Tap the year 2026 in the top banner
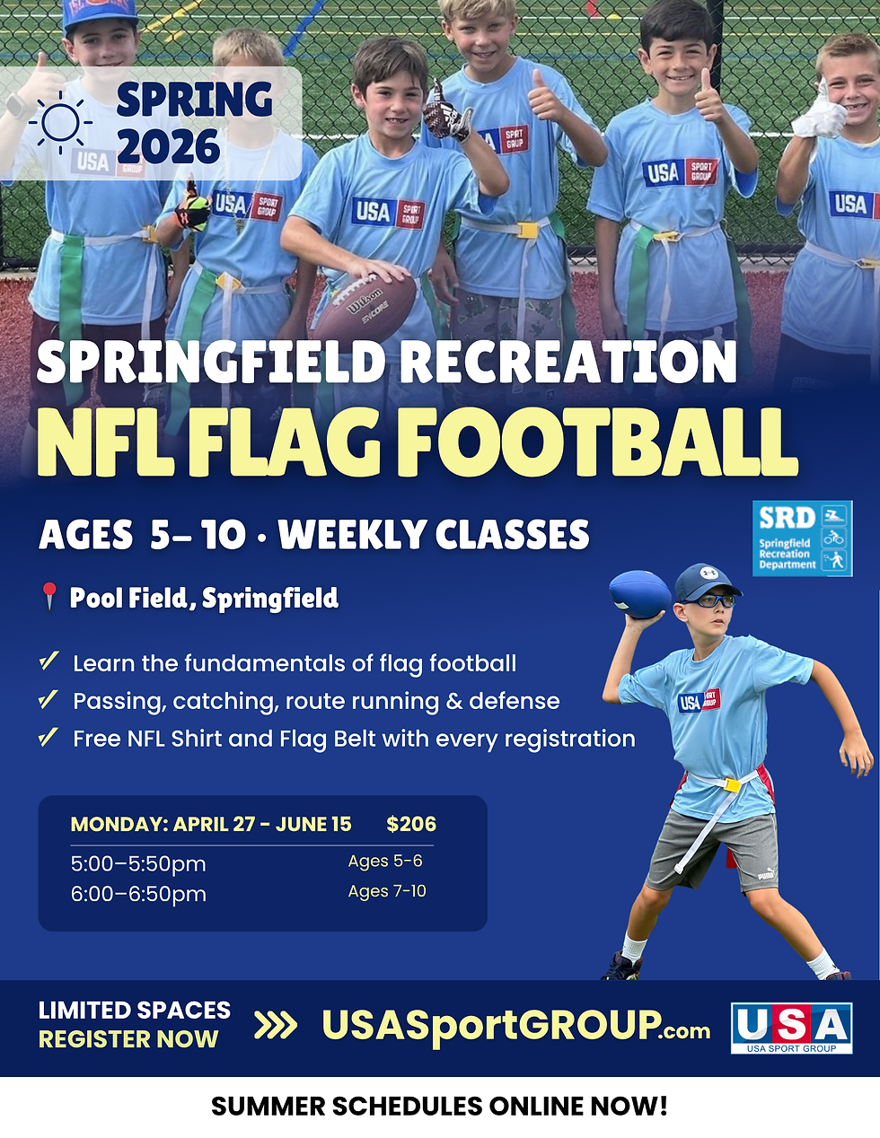[x=168, y=148]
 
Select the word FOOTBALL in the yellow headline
[x=597, y=444]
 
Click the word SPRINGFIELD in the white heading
[x=211, y=362]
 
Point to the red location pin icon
[x=49, y=597]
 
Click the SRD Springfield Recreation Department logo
[x=802, y=538]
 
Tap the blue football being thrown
[x=639, y=594]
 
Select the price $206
[x=411, y=824]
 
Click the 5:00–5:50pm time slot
[x=138, y=863]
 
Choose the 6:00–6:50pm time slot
[x=138, y=894]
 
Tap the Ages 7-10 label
[x=387, y=891]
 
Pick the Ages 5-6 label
[x=385, y=861]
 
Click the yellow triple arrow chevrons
[x=276, y=1025]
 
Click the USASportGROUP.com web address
[x=515, y=1025]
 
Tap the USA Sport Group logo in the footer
[x=791, y=1028]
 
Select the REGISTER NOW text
[x=128, y=1039]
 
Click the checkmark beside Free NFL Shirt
[x=48, y=738]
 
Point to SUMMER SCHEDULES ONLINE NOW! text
[x=439, y=1106]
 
